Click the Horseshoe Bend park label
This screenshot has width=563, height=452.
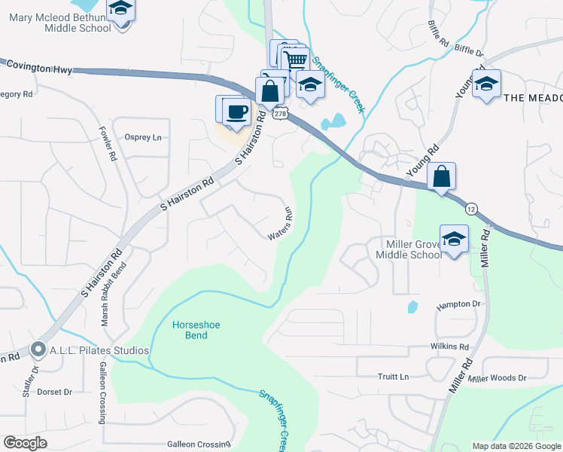186,330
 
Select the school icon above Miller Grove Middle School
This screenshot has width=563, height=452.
454,240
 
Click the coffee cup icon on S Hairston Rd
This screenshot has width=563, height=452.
238,111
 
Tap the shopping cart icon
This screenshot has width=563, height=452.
297,60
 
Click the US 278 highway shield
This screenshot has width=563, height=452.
280,114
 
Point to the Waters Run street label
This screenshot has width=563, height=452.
278,224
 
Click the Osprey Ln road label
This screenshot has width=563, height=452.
143,137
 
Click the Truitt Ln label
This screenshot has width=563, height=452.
393,377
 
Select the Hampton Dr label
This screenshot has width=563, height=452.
458,304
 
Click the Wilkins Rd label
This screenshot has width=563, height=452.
449,347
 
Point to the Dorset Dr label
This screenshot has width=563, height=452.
54,392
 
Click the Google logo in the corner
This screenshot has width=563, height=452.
26,443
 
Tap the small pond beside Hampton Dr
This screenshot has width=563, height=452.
412,307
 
